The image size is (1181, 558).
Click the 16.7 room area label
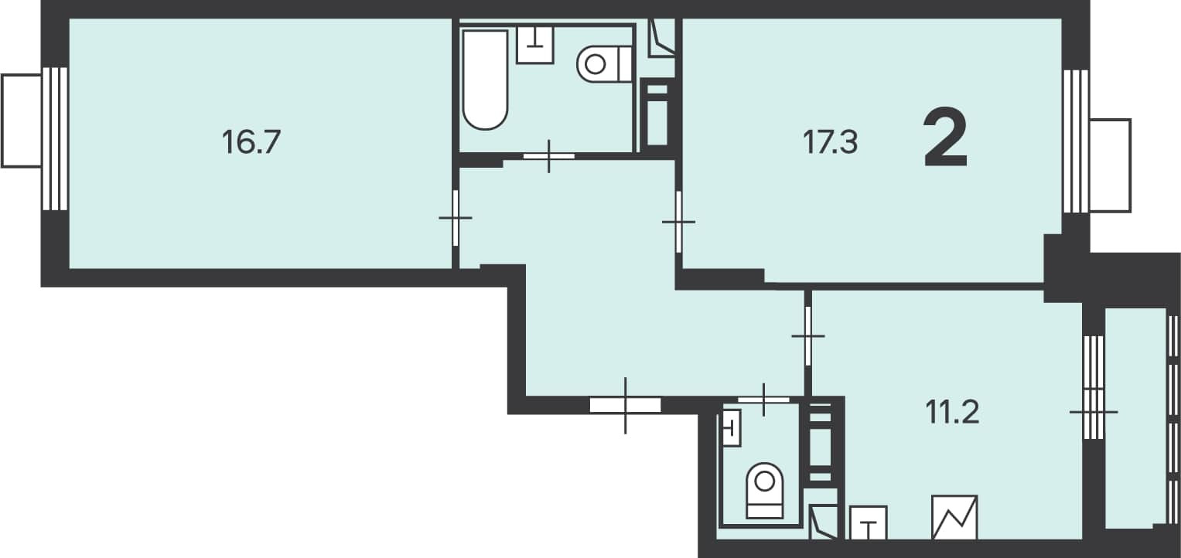pyautogui.click(x=251, y=142)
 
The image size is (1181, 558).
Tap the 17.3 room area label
pyautogui.click(x=831, y=142)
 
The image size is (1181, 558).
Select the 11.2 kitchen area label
pyautogui.click(x=952, y=413)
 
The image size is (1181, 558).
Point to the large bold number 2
pyautogui.click(x=946, y=137)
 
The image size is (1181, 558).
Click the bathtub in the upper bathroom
pyautogui.click(x=485, y=80)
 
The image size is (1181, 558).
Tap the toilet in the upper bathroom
pyautogui.click(x=605, y=64)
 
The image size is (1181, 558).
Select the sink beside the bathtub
pyautogui.click(x=535, y=45)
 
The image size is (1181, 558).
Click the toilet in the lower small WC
pyautogui.click(x=764, y=491)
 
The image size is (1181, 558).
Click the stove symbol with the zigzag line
pyautogui.click(x=954, y=518)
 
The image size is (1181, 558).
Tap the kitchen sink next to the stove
pyautogui.click(x=869, y=522)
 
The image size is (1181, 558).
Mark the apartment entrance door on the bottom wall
pyautogui.click(x=625, y=405)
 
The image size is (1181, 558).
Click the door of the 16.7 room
pyautogui.click(x=455, y=218)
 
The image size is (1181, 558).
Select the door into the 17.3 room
pyautogui.click(x=678, y=222)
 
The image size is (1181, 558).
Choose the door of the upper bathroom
pyautogui.click(x=549, y=156)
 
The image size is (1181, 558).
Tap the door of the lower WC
pyautogui.click(x=763, y=400)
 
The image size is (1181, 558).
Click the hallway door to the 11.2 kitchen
pyautogui.click(x=807, y=335)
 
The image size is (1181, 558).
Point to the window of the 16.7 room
pyautogui.click(x=55, y=138)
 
